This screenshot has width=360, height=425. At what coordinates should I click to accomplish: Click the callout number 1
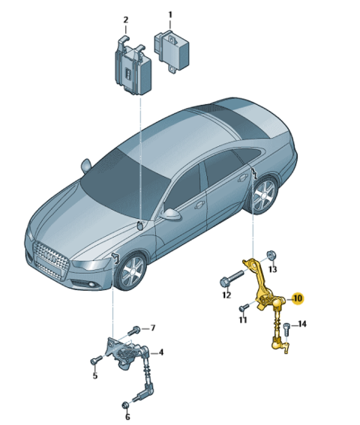click(x=170, y=15)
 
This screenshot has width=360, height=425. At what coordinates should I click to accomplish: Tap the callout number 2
click(x=125, y=19)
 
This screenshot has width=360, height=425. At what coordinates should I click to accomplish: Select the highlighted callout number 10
click(x=298, y=298)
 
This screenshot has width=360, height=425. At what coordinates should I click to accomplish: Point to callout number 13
click(x=273, y=269)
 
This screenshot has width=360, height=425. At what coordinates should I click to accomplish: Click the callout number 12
click(x=226, y=295)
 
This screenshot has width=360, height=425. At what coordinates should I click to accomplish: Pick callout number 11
click(x=243, y=320)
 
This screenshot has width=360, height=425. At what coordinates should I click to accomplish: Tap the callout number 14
click(x=302, y=324)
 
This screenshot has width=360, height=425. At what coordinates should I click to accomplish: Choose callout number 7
click(x=153, y=328)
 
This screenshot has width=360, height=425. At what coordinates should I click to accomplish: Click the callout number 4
click(x=161, y=352)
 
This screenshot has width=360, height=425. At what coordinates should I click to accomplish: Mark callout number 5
click(x=95, y=376)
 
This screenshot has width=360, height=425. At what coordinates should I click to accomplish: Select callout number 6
click(x=127, y=416)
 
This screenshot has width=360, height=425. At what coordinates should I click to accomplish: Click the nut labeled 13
click(x=271, y=255)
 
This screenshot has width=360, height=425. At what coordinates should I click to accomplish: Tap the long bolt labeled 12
click(x=232, y=278)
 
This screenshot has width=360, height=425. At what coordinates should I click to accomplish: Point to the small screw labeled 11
click(x=244, y=307)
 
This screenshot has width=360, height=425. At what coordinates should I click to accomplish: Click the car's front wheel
click(x=132, y=271)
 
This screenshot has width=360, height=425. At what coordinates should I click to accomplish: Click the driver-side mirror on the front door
click(x=171, y=214)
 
